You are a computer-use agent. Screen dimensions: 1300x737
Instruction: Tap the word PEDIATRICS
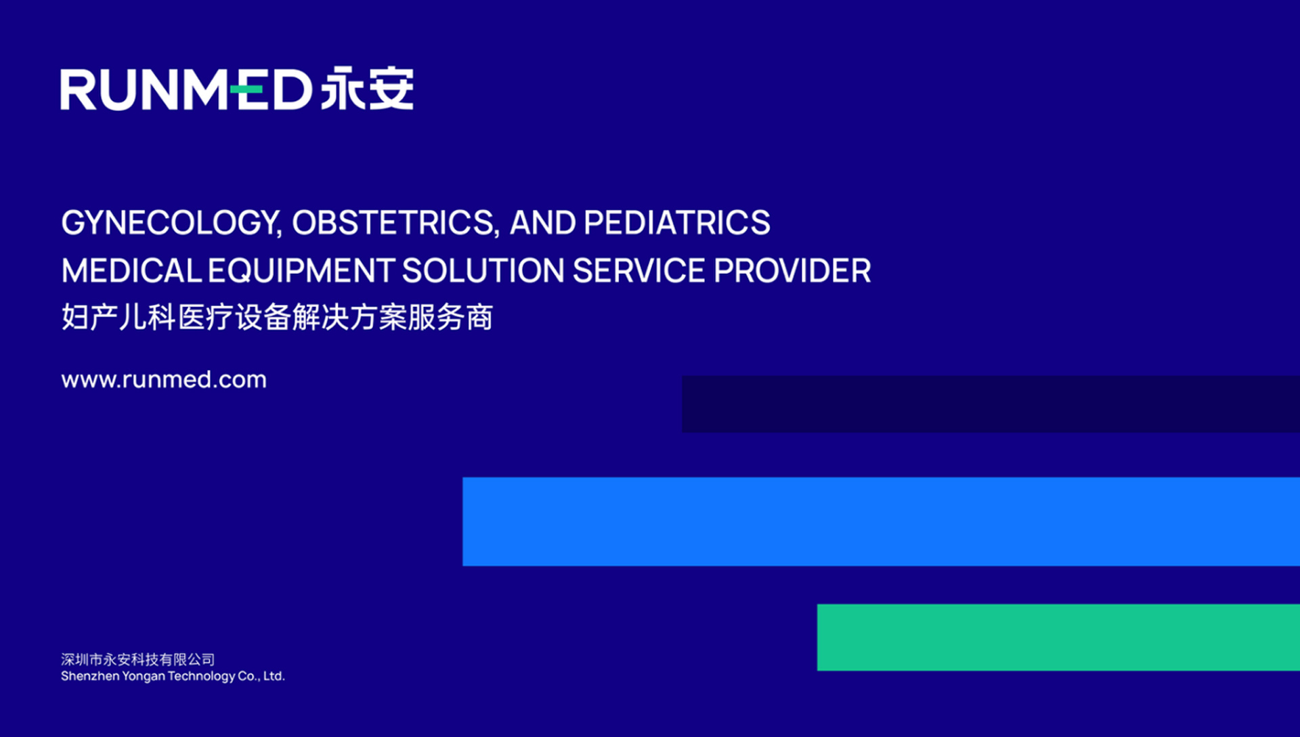[676, 222]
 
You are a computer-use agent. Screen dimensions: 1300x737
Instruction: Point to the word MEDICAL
[131, 271]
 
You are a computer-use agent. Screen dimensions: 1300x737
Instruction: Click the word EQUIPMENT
[301, 271]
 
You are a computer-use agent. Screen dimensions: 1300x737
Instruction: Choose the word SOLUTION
[483, 271]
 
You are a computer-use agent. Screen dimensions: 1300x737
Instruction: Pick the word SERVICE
[639, 271]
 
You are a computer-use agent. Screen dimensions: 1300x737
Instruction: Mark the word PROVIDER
[792, 271]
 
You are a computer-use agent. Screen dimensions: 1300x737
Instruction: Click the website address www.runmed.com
[164, 379]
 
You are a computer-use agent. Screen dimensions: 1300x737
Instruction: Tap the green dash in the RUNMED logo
[246, 89]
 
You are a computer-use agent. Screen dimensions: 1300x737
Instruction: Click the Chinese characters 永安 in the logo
[367, 88]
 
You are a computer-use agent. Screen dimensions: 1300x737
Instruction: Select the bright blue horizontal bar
[881, 522]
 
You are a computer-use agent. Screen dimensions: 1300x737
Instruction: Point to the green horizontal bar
[1058, 637]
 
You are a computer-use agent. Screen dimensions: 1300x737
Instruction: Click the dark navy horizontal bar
[991, 404]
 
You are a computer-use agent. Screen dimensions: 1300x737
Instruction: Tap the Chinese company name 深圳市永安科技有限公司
[138, 659]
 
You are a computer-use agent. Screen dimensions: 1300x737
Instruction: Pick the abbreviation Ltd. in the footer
[274, 676]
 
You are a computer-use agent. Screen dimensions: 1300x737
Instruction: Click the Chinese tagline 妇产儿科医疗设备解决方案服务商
[277, 317]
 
